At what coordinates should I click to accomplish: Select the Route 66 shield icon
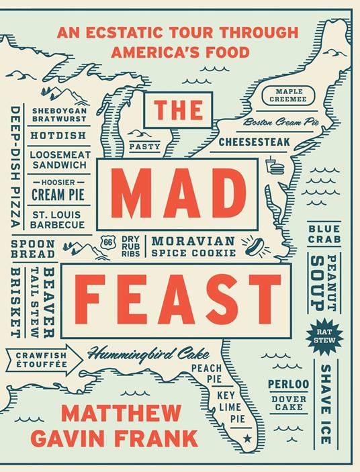tap(105, 242)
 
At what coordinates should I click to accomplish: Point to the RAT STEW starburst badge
tap(325, 336)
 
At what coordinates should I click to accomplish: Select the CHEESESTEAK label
tap(254, 142)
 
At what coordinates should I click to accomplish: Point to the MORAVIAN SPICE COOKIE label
tap(193, 246)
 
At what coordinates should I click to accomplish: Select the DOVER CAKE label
tap(288, 404)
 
